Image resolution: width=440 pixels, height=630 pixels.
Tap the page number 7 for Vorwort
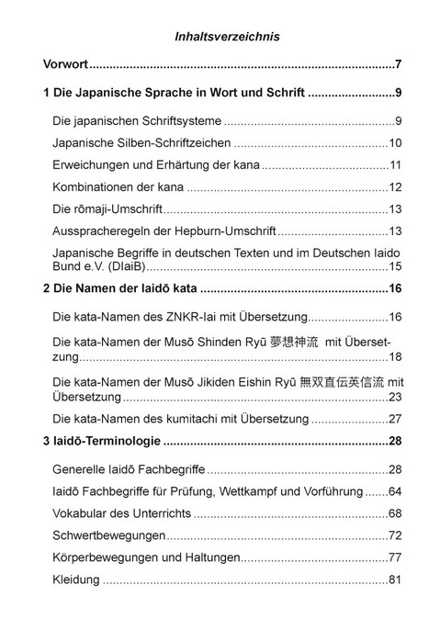coord(399,65)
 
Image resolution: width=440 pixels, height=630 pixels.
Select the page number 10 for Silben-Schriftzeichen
coord(396,143)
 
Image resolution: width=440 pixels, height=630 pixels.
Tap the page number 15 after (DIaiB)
coord(396,267)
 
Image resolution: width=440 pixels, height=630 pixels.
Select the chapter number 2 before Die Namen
coord(48,290)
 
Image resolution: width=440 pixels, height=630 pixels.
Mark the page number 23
coord(396,398)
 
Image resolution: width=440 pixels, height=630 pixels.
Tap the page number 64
coord(396,491)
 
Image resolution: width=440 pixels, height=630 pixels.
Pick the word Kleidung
coord(77,579)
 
